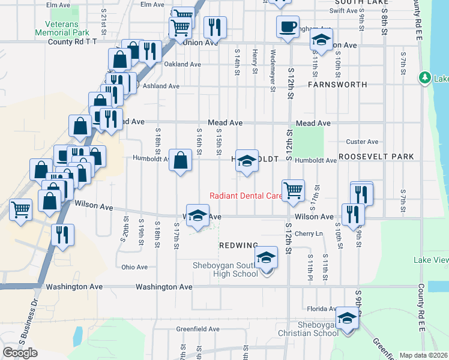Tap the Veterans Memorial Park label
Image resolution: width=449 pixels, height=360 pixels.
pyautogui.click(x=62, y=28)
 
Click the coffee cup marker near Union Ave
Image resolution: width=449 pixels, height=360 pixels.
pyautogui.click(x=288, y=26)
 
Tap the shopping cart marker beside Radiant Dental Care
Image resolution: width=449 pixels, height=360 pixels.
pyautogui.click(x=293, y=190)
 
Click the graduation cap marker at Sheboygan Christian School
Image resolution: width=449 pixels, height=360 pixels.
pyautogui.click(x=347, y=318)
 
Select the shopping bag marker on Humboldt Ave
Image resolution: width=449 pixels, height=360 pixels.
pyautogui.click(x=180, y=160)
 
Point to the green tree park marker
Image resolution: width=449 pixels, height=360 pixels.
pyautogui.click(x=425, y=78)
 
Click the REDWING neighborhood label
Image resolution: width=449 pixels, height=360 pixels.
pyautogui.click(x=239, y=245)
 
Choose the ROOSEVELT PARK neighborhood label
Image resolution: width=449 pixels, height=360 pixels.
pyautogui.click(x=376, y=157)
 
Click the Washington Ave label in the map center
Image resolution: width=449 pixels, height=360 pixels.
pyautogui.click(x=164, y=287)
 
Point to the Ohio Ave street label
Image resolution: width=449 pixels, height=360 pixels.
pyautogui.click(x=134, y=267)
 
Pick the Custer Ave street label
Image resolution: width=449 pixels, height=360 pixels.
pyautogui.click(x=363, y=142)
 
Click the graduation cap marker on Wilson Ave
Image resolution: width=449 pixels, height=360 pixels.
pyautogui.click(x=197, y=216)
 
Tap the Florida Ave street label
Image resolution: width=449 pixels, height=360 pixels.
pyautogui.click(x=321, y=309)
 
